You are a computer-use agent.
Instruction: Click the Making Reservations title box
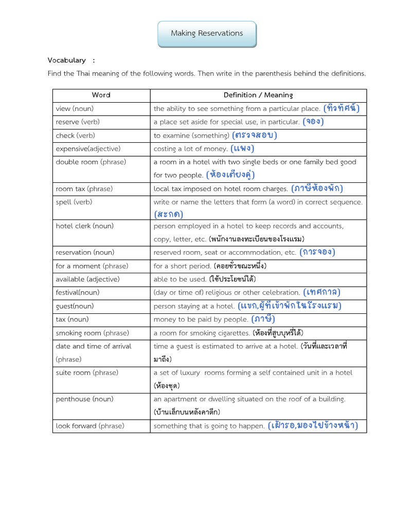coord(207,33)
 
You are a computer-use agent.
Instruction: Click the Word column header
coord(101,95)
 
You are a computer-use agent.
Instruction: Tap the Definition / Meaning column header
coord(258,95)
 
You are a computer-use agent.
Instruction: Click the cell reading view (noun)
coord(75,108)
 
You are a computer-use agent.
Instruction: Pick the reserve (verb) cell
coord(78,122)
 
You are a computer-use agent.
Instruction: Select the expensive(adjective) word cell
coord(88,148)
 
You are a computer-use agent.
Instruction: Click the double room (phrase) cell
coord(91,162)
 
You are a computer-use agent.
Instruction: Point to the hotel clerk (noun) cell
coord(84,226)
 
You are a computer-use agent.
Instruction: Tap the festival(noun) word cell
coord(78,292)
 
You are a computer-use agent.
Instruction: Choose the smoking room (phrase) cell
coord(92,332)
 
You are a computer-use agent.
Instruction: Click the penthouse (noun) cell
coord(85,399)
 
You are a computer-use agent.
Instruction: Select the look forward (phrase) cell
coord(90,426)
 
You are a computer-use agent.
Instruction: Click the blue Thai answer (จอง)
coord(313,122)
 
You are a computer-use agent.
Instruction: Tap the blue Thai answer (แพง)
coord(242,148)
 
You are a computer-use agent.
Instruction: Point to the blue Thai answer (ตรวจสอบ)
coord(255,135)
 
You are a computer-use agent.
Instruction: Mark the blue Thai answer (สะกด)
coord(168,214)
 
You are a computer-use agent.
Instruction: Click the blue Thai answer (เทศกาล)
coord(322,292)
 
